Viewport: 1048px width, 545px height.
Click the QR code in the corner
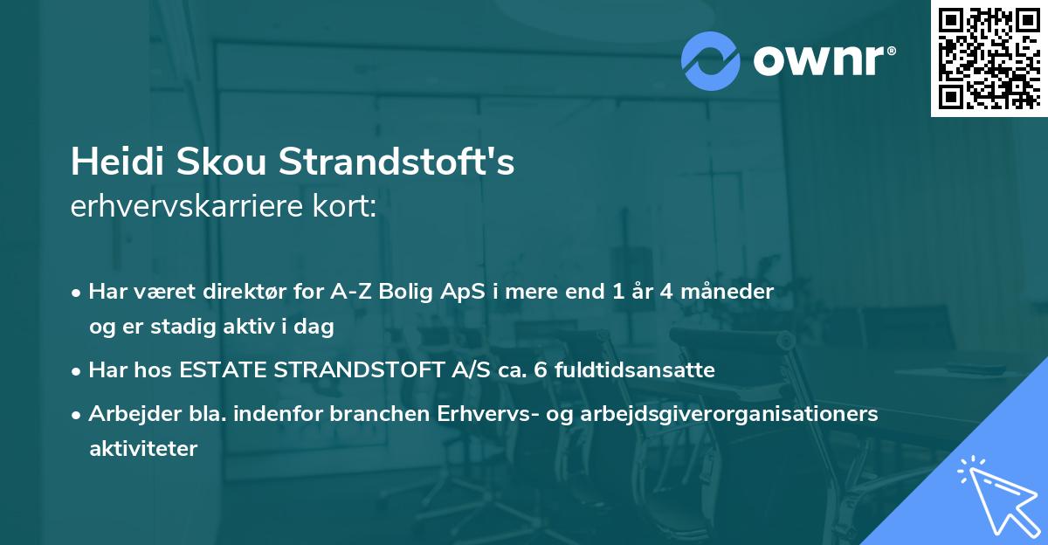989,58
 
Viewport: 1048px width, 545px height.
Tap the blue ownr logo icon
711,60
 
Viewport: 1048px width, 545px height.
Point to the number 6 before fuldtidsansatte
539,370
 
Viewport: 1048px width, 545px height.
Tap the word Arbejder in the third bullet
128,414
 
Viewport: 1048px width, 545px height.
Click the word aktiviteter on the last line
143,449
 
